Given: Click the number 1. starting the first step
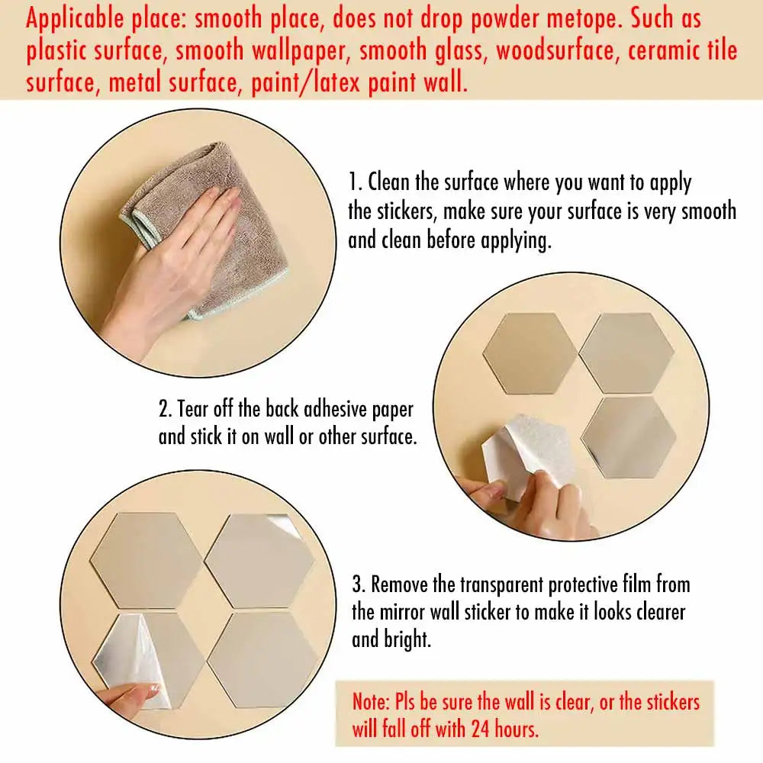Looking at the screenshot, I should (x=356, y=183).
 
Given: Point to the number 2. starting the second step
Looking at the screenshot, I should (x=166, y=409).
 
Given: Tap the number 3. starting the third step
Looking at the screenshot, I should (x=359, y=585).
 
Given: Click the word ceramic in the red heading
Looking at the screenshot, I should (x=633, y=51).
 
